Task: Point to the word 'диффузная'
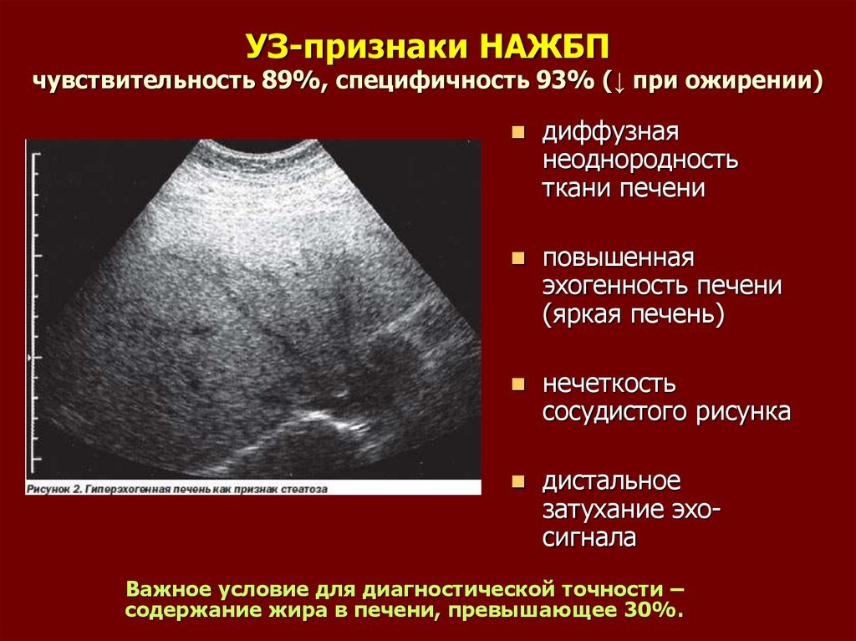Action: click(x=610, y=131)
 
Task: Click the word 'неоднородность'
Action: click(x=639, y=160)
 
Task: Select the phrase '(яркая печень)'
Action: click(x=634, y=315)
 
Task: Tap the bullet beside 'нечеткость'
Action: click(x=517, y=384)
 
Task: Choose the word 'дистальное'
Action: click(x=611, y=481)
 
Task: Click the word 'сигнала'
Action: click(x=589, y=537)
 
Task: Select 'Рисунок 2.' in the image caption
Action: click(x=54, y=489)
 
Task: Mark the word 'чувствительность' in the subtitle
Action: click(x=144, y=81)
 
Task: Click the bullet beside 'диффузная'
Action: click(x=517, y=133)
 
